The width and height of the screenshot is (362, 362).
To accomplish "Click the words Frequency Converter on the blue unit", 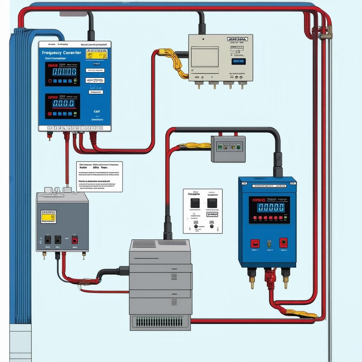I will coord(62,53).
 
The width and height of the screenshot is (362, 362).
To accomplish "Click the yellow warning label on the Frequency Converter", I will coord(97,54).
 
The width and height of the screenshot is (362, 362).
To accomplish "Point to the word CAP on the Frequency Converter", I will coord(97,111).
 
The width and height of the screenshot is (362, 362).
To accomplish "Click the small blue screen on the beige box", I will coord(238,62).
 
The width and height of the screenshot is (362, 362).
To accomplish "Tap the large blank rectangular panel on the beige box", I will coord(204,57).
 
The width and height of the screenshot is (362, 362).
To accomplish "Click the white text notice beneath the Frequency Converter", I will coord(99,176).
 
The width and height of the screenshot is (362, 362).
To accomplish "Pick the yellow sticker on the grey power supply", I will coord(48,217).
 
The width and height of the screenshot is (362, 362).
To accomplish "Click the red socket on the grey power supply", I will coord(75,240).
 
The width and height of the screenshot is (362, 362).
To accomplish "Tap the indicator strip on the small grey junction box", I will coord(228,146).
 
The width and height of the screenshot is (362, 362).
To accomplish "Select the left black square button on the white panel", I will coord(195,203).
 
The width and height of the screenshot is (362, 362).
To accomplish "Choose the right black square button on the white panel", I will coord(212,203).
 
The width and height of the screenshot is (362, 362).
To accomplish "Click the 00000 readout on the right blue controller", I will coord(270,208).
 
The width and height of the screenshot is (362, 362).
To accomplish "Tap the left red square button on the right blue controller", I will coord(255,243).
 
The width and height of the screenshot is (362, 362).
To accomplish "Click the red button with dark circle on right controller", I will coord(284,243).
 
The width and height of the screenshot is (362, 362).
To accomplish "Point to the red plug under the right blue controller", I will coord(270,278).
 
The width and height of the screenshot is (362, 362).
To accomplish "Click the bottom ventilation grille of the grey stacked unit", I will coord(159,321).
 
